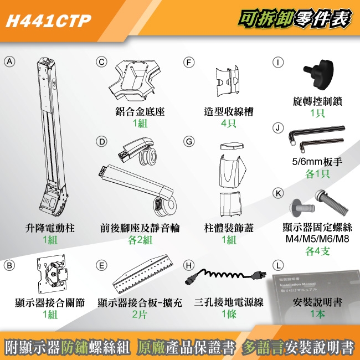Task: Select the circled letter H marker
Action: [189, 265]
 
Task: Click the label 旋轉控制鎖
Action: [317, 101]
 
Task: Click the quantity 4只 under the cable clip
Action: [228, 123]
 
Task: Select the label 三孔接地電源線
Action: [228, 302]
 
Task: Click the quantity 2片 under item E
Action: [139, 314]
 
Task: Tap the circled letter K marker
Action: [279, 193]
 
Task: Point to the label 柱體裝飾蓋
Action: [228, 228]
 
